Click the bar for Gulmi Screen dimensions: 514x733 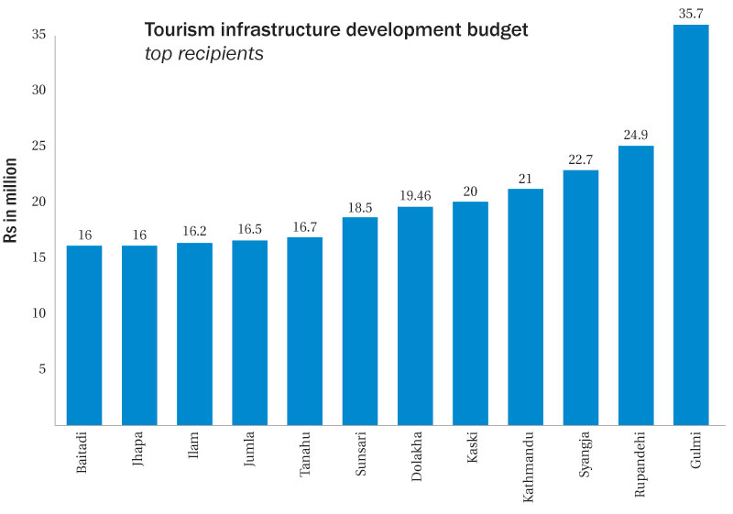click(691, 224)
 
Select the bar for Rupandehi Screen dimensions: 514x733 click(636, 285)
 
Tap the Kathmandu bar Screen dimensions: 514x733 click(525, 307)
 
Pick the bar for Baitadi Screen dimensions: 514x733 click(84, 335)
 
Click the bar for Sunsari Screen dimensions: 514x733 click(360, 321)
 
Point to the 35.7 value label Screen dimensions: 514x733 click(691, 12)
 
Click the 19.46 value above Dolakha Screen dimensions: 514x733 click(415, 195)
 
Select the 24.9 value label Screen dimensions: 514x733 click(636, 134)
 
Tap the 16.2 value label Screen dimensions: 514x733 click(194, 232)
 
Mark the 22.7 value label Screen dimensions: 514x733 click(581, 159)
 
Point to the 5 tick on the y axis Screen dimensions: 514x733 click(41, 369)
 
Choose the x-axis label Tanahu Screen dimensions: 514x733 click(305, 459)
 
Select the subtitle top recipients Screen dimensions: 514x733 click(204, 54)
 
